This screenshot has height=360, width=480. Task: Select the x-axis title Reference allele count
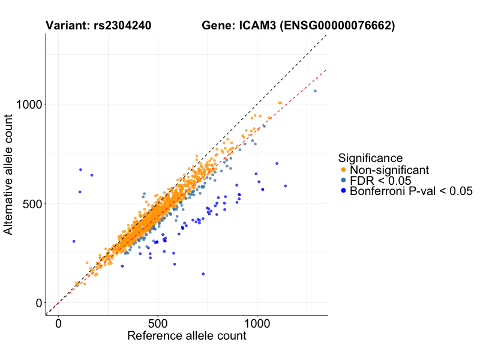187,336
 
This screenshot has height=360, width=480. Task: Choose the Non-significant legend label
389,170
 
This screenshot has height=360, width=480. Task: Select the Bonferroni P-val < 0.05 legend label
412,191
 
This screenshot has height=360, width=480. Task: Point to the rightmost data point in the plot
315,91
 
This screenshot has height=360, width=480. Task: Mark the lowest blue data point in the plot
203,274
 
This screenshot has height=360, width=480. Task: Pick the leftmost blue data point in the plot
74,241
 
